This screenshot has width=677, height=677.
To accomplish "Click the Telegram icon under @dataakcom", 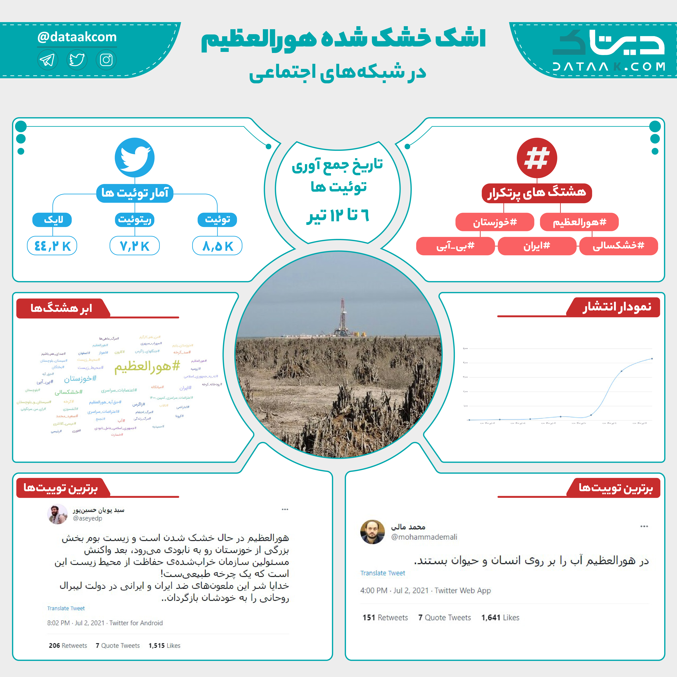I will (x=47, y=60).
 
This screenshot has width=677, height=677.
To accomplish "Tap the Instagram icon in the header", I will (x=106, y=60).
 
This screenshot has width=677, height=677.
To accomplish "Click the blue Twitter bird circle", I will (x=134, y=158).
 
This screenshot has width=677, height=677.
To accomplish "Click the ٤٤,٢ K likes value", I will (x=52, y=246).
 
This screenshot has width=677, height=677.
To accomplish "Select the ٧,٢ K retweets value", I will (x=134, y=246).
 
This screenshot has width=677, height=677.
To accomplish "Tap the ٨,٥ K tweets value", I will (x=217, y=246).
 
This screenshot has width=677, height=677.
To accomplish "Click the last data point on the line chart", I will (x=652, y=359).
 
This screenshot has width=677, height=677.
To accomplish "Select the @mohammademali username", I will (x=424, y=537).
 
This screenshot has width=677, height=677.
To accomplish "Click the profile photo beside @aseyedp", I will (x=57, y=514).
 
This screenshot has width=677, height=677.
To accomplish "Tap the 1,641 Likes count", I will (x=500, y=617).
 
